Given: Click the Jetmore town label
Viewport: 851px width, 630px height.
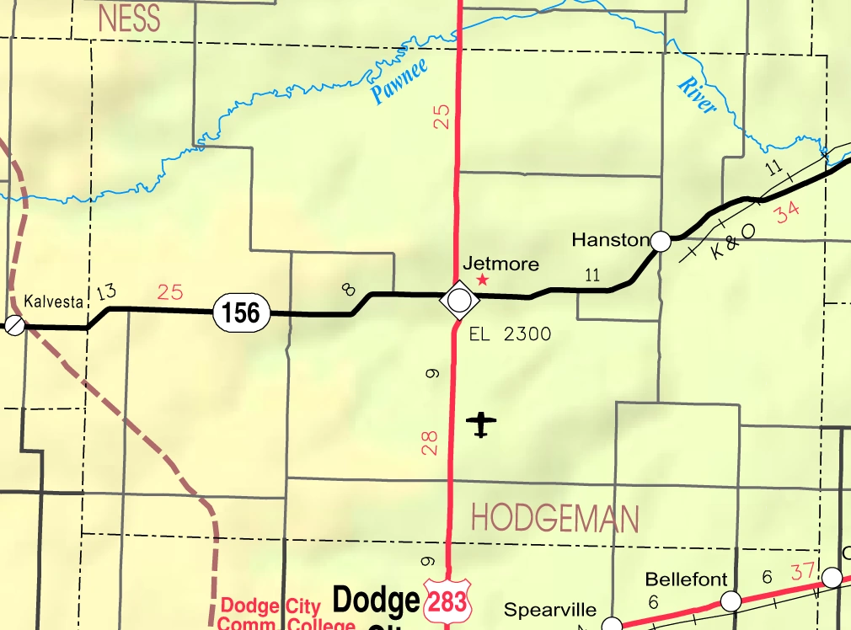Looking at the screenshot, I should (500, 264).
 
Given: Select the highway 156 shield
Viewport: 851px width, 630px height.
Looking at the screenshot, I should (241, 312).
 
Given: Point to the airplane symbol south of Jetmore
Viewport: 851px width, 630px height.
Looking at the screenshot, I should (481, 424).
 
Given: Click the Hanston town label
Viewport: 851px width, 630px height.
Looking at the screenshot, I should (610, 240).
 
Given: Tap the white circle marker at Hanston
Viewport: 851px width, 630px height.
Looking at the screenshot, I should (661, 242).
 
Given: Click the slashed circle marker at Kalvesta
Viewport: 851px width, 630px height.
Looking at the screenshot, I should (14, 324).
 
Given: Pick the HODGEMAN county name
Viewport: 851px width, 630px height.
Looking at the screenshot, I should (554, 518).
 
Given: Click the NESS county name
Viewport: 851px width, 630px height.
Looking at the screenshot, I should (129, 19).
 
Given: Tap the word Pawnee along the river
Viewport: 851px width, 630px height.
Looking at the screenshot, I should (399, 83).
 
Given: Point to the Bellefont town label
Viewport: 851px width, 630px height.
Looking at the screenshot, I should (685, 579).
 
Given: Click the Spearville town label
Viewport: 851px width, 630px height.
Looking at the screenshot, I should (550, 610).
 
